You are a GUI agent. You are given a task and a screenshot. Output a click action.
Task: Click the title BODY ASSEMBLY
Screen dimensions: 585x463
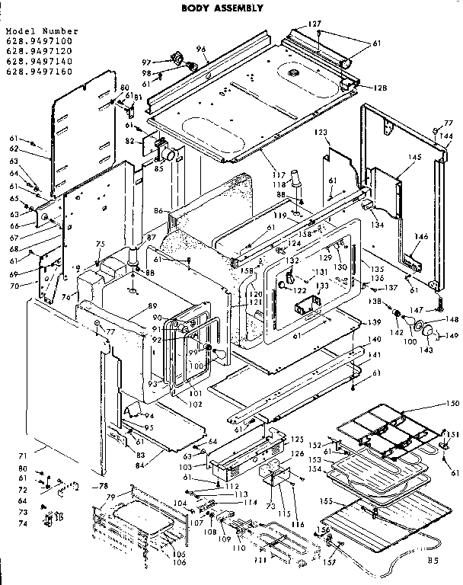[x=222, y=8]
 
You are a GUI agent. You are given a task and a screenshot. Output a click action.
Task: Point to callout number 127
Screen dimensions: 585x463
[x=315, y=24]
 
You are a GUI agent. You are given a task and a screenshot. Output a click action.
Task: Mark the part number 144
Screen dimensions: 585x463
[x=447, y=135]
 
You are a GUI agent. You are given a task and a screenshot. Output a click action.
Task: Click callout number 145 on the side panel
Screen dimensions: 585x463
[x=414, y=158]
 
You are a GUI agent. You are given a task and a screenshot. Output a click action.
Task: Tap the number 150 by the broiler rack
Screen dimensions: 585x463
[x=453, y=402]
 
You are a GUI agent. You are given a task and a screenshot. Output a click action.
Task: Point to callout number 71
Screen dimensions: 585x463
[x=23, y=456]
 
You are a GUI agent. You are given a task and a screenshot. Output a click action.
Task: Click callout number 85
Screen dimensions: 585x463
[x=159, y=168]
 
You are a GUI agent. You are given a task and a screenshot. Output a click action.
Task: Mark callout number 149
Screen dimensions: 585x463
[x=452, y=335]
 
